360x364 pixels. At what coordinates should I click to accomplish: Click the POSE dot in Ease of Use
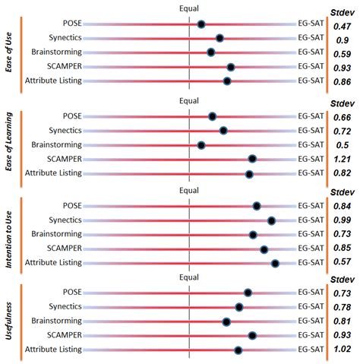201,24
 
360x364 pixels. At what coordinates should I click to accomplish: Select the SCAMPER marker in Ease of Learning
252,159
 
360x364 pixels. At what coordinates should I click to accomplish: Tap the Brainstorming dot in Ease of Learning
201,144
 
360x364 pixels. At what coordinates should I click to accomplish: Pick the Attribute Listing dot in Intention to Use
275,263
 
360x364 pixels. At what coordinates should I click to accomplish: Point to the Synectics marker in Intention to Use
271,220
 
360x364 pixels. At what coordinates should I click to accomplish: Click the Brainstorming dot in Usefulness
226,321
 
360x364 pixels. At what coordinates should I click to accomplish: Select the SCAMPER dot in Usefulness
252,335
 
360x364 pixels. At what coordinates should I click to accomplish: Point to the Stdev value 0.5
342,145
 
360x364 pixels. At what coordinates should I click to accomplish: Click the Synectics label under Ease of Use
63,38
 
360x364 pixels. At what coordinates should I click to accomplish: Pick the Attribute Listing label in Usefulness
53,350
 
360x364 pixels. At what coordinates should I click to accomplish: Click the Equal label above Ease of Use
189,8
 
